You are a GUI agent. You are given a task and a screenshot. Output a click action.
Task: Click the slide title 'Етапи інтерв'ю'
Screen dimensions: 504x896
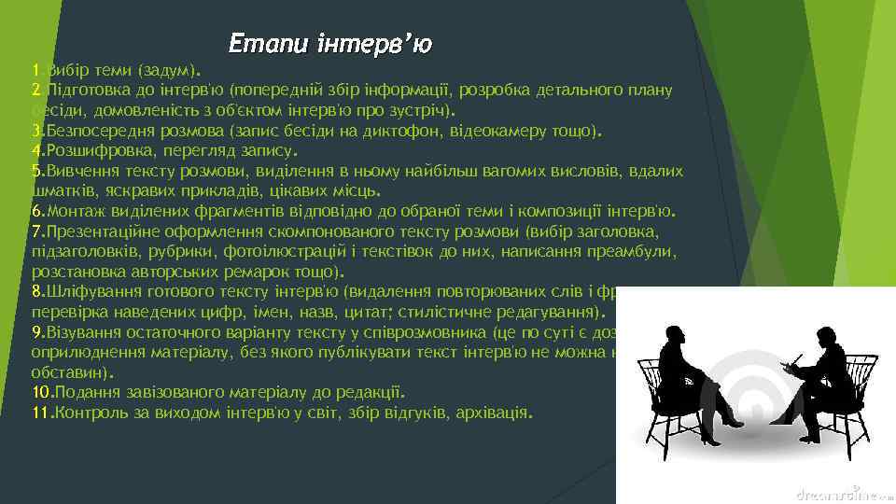pyautogui.click(x=330, y=43)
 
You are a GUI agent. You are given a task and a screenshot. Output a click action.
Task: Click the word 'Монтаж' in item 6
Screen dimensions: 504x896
pyautogui.click(x=74, y=210)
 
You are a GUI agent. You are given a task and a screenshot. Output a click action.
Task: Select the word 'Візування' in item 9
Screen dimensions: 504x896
pyautogui.click(x=79, y=332)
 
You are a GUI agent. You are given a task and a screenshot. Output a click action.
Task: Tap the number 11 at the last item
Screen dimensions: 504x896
pyautogui.click(x=39, y=412)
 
